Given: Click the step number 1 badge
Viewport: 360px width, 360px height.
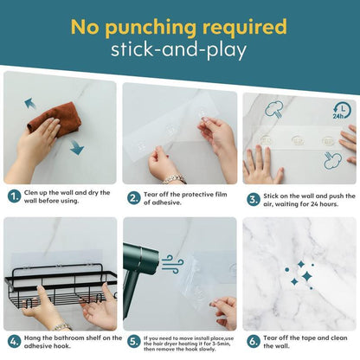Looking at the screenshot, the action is tap(14, 196).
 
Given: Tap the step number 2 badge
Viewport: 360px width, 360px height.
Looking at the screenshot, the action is tap(134, 198).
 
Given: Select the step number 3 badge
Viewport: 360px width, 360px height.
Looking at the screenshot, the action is tap(254, 200).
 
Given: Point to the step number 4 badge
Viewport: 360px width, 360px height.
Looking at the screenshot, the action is tap(14, 342).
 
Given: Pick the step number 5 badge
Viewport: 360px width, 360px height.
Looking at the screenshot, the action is tap(134, 342).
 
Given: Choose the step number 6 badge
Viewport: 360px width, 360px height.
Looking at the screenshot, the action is tap(254, 342).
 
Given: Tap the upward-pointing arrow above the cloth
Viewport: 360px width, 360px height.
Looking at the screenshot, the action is tap(30, 104).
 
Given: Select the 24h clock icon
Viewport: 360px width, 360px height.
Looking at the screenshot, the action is tap(342, 112).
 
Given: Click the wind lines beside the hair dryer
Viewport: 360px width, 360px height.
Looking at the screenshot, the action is tap(172, 264).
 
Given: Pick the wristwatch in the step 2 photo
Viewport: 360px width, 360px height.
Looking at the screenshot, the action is tap(175, 179).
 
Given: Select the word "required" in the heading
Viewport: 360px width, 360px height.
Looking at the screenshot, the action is tap(245, 28).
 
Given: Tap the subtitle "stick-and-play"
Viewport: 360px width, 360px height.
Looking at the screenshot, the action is tap(179, 50).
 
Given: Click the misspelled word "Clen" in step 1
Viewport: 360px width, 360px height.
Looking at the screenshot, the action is tap(31, 193).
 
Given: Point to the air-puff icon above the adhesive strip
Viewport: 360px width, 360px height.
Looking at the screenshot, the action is tap(273, 110).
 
